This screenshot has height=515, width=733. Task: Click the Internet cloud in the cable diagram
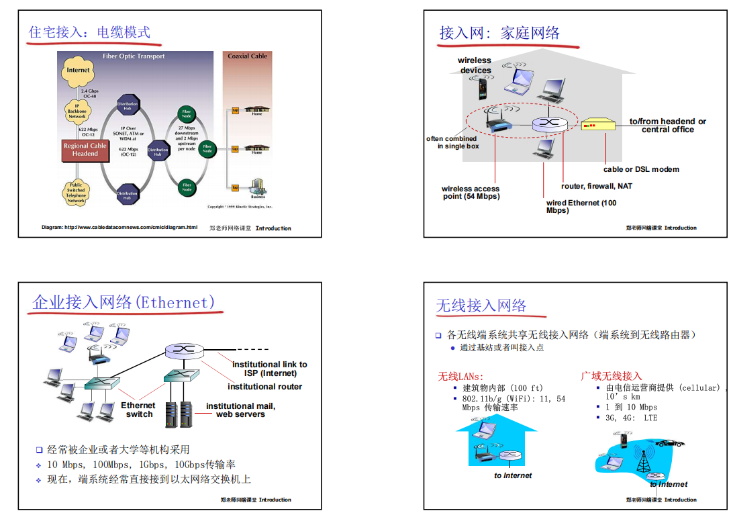78,70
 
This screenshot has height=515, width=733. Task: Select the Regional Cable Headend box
85,150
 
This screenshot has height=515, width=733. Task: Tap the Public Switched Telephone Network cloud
76,192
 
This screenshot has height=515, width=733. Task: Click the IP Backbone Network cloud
77,111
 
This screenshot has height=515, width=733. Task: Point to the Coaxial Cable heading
247,56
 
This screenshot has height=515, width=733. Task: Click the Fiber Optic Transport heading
134,56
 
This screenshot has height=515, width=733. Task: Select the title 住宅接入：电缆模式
89,32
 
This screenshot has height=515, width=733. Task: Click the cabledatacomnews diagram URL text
119,228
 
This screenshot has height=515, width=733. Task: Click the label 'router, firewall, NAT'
596,186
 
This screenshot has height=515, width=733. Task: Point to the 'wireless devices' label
475,65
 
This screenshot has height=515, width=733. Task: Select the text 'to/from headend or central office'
667,126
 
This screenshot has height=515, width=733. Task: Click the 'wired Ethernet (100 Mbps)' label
581,206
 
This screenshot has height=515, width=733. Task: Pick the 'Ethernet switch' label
138,410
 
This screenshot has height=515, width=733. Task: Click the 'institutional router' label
264,387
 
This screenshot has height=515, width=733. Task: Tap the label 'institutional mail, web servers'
240,410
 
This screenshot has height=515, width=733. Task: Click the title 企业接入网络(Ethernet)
124,303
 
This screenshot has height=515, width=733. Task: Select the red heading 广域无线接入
611,376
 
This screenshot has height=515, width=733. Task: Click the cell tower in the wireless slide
643,459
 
